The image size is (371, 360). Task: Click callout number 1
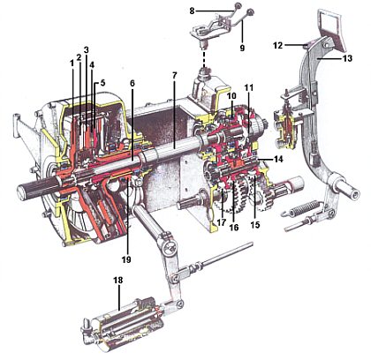point(72,64)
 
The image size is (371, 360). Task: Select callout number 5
point(102,83)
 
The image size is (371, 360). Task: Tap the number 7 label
point(174,76)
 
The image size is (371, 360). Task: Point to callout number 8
point(192,11)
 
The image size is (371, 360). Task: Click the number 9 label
point(242,48)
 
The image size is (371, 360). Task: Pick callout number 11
point(249,87)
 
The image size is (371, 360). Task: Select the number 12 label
point(277,45)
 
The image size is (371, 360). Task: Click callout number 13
point(347,58)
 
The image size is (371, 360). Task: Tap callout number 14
point(278,159)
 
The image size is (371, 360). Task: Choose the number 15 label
point(255,225)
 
